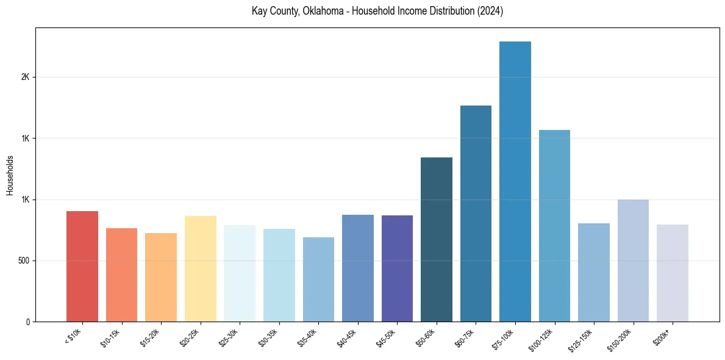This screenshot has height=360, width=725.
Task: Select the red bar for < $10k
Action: click(x=82, y=266)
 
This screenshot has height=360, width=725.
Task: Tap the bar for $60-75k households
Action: click(x=476, y=214)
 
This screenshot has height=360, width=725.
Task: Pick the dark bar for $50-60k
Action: click(x=437, y=239)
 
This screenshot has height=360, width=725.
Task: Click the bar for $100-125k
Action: click(x=554, y=226)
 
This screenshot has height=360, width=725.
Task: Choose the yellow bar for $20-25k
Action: click(x=201, y=268)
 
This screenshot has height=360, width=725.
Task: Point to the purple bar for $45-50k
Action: click(x=397, y=268)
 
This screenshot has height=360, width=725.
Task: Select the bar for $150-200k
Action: click(x=633, y=261)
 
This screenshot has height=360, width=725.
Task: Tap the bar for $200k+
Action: click(x=673, y=273)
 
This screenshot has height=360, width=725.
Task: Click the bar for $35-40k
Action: click(x=318, y=279)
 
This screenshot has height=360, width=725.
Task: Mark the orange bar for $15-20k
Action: click(x=161, y=277)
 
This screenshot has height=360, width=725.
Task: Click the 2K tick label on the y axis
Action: click(x=26, y=77)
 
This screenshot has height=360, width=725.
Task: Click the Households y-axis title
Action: click(x=10, y=175)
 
